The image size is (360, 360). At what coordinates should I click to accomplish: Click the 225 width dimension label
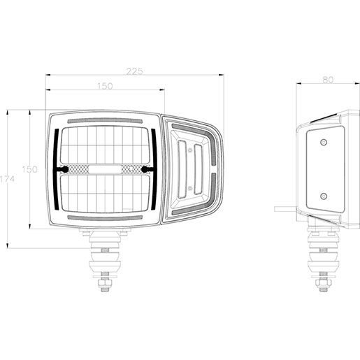pyautogui.click(x=134, y=71)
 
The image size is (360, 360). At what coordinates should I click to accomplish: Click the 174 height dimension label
pyautogui.click(x=7, y=179)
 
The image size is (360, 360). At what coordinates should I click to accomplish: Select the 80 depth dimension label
pyautogui.click(x=328, y=80)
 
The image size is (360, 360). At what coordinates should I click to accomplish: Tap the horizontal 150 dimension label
pyautogui.click(x=105, y=86)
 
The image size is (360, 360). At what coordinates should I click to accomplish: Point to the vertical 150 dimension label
pyautogui.click(x=29, y=169)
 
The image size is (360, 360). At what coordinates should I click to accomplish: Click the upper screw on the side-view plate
pyautogui.click(x=324, y=142)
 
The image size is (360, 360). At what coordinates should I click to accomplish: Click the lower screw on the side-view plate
pyautogui.click(x=324, y=196)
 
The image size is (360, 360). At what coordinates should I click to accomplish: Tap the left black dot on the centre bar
pyautogui.click(x=65, y=169)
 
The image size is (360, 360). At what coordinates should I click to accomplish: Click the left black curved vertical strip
pyautogui.click(x=56, y=169)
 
